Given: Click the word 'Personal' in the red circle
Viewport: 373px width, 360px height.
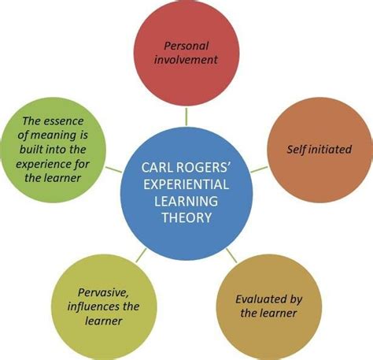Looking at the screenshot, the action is [x=186, y=46].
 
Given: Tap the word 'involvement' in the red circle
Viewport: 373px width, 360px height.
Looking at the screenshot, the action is [x=186, y=60].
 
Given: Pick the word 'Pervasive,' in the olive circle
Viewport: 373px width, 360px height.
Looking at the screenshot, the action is [x=103, y=292].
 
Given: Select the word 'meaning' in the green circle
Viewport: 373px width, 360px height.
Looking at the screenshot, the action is [x=54, y=135].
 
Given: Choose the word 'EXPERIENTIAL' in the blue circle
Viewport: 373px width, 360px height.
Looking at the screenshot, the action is [x=186, y=184].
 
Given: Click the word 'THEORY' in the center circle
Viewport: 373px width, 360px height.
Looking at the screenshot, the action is [x=186, y=217].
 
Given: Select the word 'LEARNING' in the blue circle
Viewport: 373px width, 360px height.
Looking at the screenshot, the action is [x=186, y=201].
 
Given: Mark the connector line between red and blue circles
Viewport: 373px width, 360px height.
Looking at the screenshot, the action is [x=186, y=117].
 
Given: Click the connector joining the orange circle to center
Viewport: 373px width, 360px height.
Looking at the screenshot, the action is [x=259, y=169].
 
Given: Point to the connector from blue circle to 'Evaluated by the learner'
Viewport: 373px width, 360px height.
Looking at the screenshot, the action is [x=231, y=255].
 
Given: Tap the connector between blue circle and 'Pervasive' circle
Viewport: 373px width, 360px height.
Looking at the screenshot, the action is [x=142, y=255].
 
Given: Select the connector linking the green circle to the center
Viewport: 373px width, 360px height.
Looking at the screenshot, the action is [x=114, y=169].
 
